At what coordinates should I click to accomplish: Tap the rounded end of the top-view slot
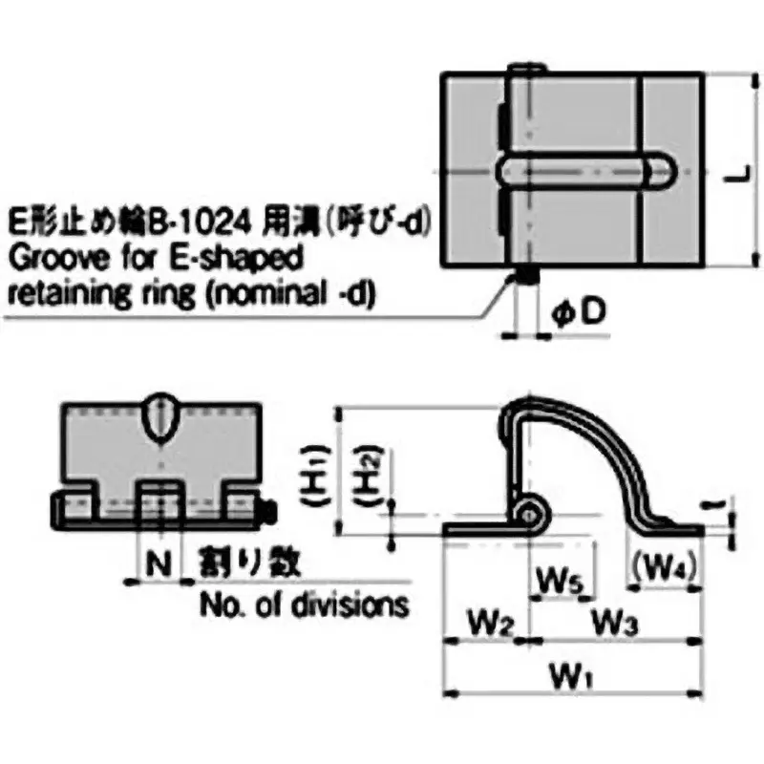(660, 172)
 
